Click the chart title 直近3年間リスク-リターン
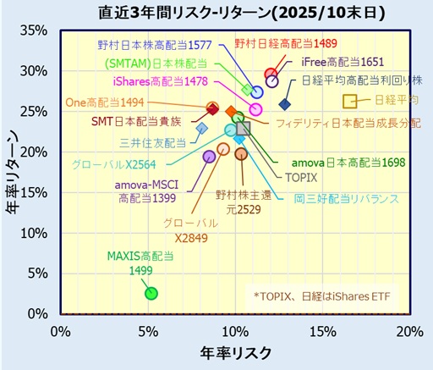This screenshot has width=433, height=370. pos(216,13)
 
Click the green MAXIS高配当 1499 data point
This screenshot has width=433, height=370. pos(151,293)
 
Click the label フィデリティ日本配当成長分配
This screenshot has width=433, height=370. pos(348,122)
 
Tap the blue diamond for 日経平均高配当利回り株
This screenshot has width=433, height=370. pos(284,104)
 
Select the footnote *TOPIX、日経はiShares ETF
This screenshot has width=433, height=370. pos(328,295)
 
